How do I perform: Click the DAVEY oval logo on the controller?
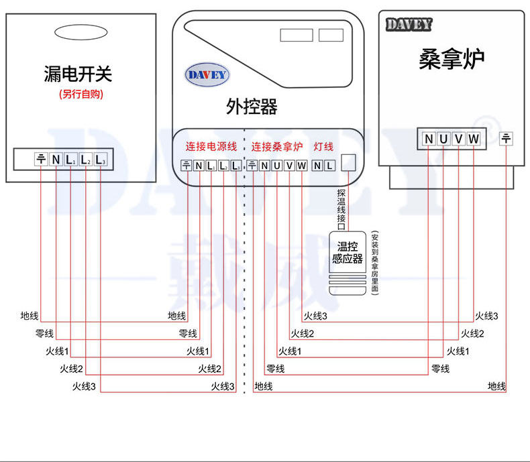click(x=206, y=75)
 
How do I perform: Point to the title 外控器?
click(x=252, y=107)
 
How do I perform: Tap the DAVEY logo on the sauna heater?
click(x=409, y=25)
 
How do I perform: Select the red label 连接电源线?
click(x=211, y=146)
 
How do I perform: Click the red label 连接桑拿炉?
click(x=277, y=146)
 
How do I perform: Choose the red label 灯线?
click(x=324, y=146)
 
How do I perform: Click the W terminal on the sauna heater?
click(x=474, y=139)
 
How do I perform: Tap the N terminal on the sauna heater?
click(x=429, y=139)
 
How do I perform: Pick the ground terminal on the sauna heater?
click(x=507, y=139)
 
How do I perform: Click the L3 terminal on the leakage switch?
click(x=101, y=160)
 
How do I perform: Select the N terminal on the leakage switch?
click(x=56, y=160)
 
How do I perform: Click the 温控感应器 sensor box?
click(x=347, y=253)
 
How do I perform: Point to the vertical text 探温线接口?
click(x=341, y=207)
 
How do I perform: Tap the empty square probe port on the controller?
click(x=349, y=162)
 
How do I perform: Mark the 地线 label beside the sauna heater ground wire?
click(x=496, y=386)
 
